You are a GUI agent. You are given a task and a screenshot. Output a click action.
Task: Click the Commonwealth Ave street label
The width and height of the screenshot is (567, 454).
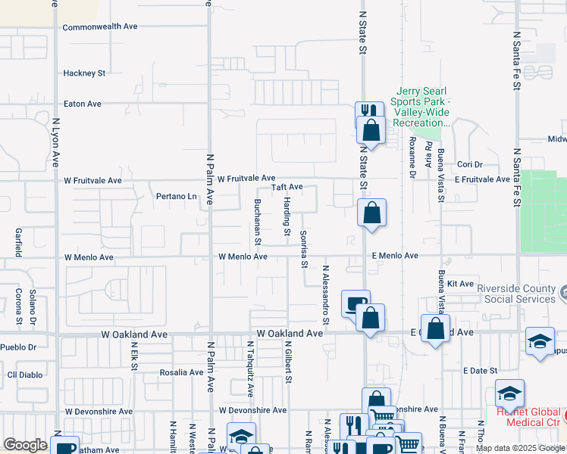click(100, 26)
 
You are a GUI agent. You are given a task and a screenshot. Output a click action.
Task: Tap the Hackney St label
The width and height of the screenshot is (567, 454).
click(84, 73)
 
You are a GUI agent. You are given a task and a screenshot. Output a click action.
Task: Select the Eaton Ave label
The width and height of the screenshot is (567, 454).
click(83, 104)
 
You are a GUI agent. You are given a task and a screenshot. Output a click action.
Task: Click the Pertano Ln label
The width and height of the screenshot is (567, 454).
click(176, 197)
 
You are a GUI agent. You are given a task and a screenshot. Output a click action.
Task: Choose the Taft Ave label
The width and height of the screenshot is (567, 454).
click(287, 187)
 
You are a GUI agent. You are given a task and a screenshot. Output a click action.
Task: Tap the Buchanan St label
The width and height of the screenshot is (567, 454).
click(258, 222)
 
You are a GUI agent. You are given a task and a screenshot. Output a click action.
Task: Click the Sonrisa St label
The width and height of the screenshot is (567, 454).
click(303, 249)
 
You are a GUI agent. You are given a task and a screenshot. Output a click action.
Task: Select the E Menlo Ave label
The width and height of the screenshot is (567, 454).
click(395, 257)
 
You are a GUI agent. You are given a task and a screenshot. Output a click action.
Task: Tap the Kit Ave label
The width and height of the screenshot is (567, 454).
click(460, 284)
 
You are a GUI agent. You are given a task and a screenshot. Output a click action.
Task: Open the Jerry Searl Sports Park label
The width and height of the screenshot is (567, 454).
click(421, 107)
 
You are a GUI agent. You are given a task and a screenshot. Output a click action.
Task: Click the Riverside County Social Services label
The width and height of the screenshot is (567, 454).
click(515, 294)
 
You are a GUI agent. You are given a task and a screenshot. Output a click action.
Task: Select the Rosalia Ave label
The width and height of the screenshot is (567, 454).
click(181, 372)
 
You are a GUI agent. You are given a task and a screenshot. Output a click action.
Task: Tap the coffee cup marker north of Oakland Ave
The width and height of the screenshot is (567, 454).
click(355, 304)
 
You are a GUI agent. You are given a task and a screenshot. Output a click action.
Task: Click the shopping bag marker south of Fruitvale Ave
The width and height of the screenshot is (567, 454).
click(371, 213)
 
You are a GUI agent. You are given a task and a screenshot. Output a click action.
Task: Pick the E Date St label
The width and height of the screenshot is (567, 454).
click(481, 371)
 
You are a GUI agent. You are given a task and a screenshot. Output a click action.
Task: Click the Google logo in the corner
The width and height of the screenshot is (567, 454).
click(25, 446)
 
